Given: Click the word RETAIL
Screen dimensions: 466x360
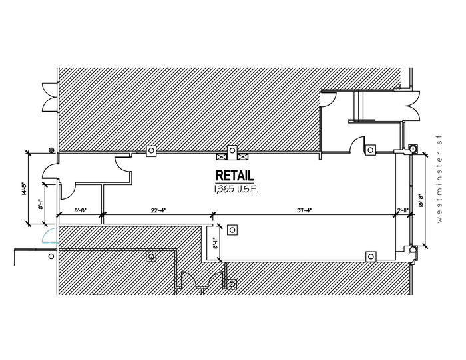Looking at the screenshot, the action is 234,176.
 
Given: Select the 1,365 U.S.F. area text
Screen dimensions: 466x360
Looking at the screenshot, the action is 235,190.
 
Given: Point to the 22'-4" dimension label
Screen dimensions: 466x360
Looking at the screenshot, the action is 158,210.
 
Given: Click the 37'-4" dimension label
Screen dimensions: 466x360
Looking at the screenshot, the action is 306,210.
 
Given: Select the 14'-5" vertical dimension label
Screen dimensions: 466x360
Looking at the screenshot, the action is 23,190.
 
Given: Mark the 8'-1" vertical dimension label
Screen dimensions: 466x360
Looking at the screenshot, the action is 41,204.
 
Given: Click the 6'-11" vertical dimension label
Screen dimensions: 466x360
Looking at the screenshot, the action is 215,244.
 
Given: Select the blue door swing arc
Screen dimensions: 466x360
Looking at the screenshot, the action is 47,236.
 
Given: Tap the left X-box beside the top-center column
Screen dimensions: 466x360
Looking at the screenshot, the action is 221,157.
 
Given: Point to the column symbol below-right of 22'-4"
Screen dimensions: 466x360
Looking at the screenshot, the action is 232,230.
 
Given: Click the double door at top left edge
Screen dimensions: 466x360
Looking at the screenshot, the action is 49,97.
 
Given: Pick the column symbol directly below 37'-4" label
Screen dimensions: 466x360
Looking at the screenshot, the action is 370,256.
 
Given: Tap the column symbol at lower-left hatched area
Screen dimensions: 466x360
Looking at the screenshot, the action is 152,256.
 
